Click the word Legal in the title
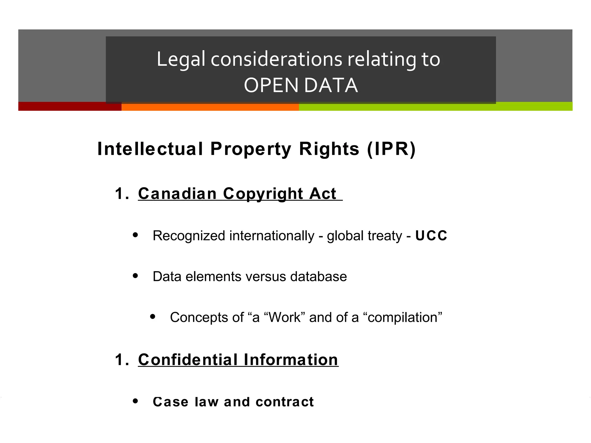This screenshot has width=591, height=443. click(181, 59)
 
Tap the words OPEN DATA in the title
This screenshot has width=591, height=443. click(301, 86)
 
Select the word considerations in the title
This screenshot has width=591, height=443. click(276, 59)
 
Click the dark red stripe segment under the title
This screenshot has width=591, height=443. click(69, 107)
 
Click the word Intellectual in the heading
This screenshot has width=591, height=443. click(150, 149)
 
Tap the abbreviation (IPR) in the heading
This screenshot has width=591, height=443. click(391, 149)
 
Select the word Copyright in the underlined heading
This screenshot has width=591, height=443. click(263, 193)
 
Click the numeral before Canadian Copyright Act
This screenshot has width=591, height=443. click(121, 193)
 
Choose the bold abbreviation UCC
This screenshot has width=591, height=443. click(431, 236)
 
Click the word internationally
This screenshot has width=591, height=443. click(272, 236)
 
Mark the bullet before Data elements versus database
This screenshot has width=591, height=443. click(135, 276)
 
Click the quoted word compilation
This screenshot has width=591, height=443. click(403, 318)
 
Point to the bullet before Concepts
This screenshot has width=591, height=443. click(153, 317)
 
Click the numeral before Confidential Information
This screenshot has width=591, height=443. click(121, 360)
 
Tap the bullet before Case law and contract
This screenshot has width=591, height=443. click(135, 401)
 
